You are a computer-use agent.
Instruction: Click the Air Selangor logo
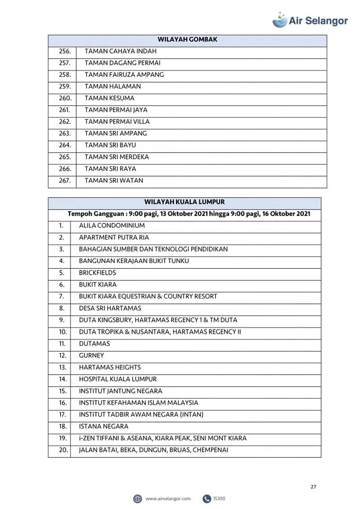tap(310, 20)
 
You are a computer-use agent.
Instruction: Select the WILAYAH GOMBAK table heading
tap(187, 40)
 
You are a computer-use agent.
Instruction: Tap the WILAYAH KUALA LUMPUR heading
tap(185, 202)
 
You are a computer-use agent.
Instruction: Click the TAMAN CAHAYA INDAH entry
tap(120, 51)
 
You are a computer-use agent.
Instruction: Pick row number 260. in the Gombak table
tap(65, 98)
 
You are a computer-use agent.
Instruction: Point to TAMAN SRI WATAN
tap(114, 180)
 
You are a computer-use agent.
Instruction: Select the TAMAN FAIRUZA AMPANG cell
tap(124, 75)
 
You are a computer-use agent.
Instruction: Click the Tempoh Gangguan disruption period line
tap(189, 214)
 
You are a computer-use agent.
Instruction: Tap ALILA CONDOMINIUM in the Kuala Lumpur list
tap(112, 225)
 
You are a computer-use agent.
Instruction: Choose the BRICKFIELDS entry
tap(98, 273)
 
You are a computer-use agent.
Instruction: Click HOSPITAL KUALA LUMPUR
tap(118, 379)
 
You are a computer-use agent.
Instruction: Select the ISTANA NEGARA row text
tap(103, 426)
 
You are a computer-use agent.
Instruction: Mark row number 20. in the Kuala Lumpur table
tap(63, 450)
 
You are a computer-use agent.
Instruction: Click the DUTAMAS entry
tap(94, 344)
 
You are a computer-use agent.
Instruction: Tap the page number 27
tap(313, 487)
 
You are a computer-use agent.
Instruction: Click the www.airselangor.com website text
tap(168, 499)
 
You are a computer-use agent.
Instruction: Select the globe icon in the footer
tap(138, 499)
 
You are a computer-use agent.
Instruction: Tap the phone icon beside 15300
tap(207, 499)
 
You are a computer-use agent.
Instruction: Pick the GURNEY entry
tap(92, 355)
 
